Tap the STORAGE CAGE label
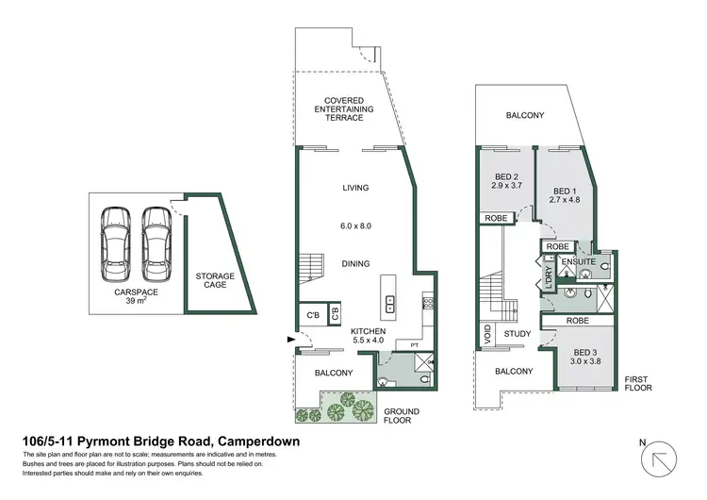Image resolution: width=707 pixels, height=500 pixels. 215,280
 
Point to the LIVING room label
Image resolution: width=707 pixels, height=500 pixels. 355,188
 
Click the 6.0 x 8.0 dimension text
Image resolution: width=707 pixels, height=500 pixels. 355,226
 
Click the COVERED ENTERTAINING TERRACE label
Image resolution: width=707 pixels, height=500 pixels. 344,108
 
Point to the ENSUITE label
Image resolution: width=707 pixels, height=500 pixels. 578,261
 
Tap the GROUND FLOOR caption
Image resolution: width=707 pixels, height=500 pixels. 401,417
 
